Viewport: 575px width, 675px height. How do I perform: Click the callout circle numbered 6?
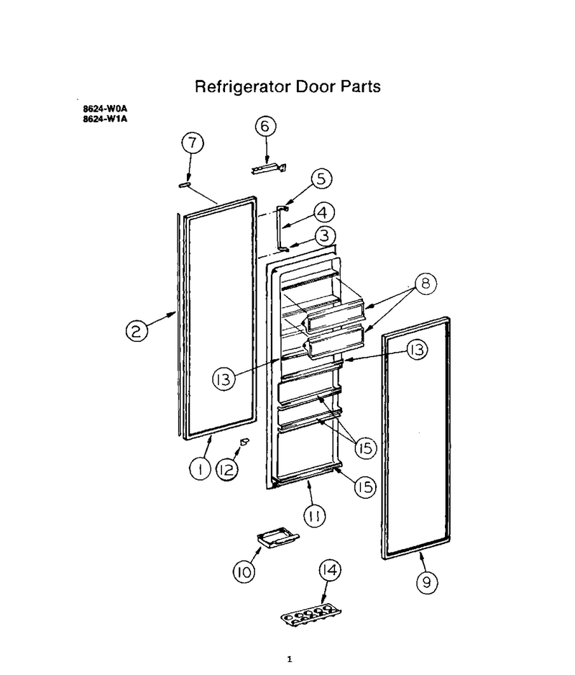265,126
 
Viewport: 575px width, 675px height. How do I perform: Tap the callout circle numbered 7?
192,142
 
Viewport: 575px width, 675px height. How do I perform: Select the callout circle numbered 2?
137,332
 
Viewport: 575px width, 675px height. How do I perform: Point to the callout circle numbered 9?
427,582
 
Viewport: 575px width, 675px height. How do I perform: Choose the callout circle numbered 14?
329,570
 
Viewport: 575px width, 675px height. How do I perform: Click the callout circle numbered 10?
244,571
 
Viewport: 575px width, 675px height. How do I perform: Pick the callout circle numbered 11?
315,516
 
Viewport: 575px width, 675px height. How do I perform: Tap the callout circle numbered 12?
226,470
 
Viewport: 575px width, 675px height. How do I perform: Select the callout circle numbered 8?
425,284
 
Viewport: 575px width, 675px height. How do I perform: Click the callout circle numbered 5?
321,178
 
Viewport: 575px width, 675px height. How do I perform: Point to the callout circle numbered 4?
324,213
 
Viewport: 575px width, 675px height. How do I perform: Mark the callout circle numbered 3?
325,236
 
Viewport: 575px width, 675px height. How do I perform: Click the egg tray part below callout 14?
310,615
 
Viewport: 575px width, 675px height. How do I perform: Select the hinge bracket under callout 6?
269,168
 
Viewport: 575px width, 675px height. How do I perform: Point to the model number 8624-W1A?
105,119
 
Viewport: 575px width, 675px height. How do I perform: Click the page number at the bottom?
290,659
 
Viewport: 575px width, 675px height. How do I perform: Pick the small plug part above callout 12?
244,442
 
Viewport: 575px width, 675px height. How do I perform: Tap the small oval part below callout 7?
185,185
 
